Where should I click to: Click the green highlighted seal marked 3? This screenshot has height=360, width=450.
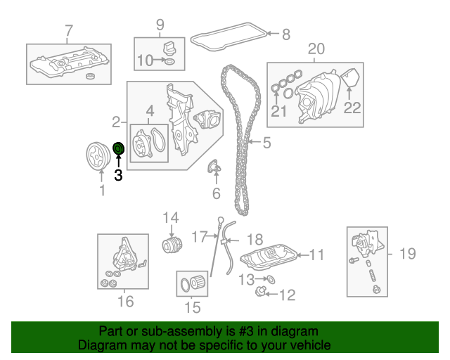(x=118, y=148)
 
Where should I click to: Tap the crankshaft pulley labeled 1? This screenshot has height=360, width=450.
(x=94, y=155)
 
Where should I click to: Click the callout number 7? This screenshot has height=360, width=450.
(x=68, y=30)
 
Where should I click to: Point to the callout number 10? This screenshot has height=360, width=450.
(x=144, y=61)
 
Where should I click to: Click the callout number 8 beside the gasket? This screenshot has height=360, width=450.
(x=285, y=33)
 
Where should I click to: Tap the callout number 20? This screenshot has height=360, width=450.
(x=316, y=49)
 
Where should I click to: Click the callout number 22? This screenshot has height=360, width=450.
(x=352, y=108)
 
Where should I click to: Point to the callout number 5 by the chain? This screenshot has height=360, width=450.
(x=266, y=144)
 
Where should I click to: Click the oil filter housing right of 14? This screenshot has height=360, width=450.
(x=173, y=245)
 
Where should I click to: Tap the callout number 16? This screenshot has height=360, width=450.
(x=124, y=302)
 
